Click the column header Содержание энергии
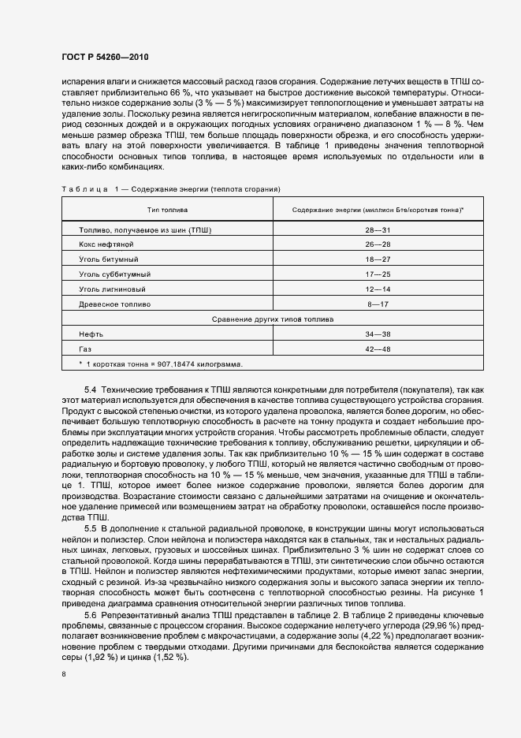(x=377, y=210)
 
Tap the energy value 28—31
(x=378, y=229)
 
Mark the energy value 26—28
(x=378, y=244)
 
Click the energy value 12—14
(x=378, y=289)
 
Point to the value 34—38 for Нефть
(x=378, y=334)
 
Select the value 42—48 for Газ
(x=378, y=348)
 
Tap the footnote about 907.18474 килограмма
(x=161, y=363)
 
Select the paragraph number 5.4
(x=89, y=390)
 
